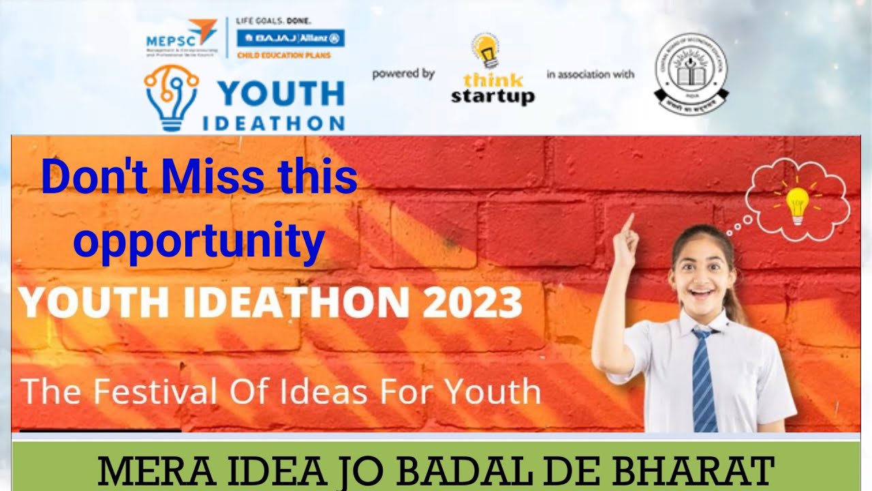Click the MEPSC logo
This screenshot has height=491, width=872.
[181, 38]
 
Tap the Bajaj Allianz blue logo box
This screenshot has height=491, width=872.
[291, 38]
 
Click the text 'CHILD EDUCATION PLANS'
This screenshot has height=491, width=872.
[283, 55]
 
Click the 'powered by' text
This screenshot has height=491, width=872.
[403, 74]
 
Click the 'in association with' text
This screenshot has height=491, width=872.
[590, 74]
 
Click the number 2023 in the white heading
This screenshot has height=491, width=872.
[471, 302]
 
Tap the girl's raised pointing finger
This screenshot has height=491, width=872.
[628, 224]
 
